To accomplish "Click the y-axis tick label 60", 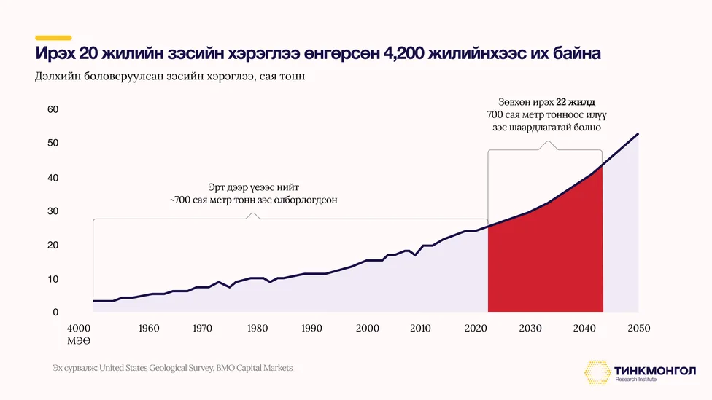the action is [x=53, y=109].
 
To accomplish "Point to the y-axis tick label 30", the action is [x=53, y=211].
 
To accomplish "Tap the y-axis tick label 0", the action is [x=55, y=312].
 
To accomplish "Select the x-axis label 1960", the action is [x=149, y=328].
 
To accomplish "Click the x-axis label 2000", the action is [x=368, y=328].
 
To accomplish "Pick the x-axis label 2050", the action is [x=639, y=328].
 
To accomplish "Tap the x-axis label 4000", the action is [x=79, y=328].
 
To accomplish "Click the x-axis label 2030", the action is [x=530, y=328].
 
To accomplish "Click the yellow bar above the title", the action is [x=53, y=38].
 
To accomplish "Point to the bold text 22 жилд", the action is [x=576, y=102].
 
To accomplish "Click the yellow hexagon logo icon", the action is [x=597, y=373].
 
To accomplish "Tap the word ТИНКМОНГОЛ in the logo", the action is [x=655, y=371].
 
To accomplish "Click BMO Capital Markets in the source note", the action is [x=255, y=368].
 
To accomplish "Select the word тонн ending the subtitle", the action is [x=292, y=77].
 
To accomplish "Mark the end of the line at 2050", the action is [x=638, y=134].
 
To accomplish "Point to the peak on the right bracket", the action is [x=548, y=142].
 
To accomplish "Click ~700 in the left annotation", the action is [x=179, y=200].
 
